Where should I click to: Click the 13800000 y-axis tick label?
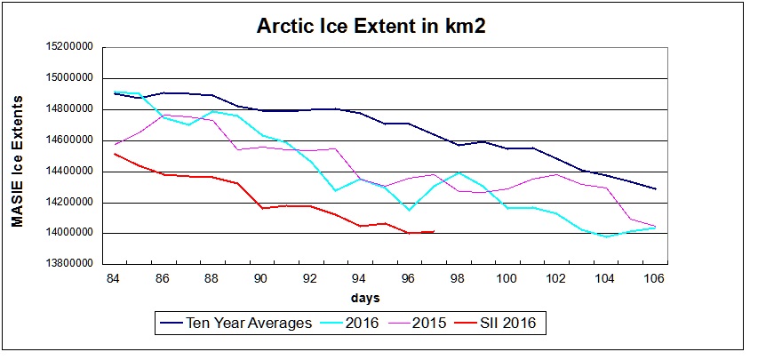point(69,264)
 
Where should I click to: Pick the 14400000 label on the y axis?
point(69,172)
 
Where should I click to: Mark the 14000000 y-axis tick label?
point(69,233)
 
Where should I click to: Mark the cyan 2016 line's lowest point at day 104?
point(606,236)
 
